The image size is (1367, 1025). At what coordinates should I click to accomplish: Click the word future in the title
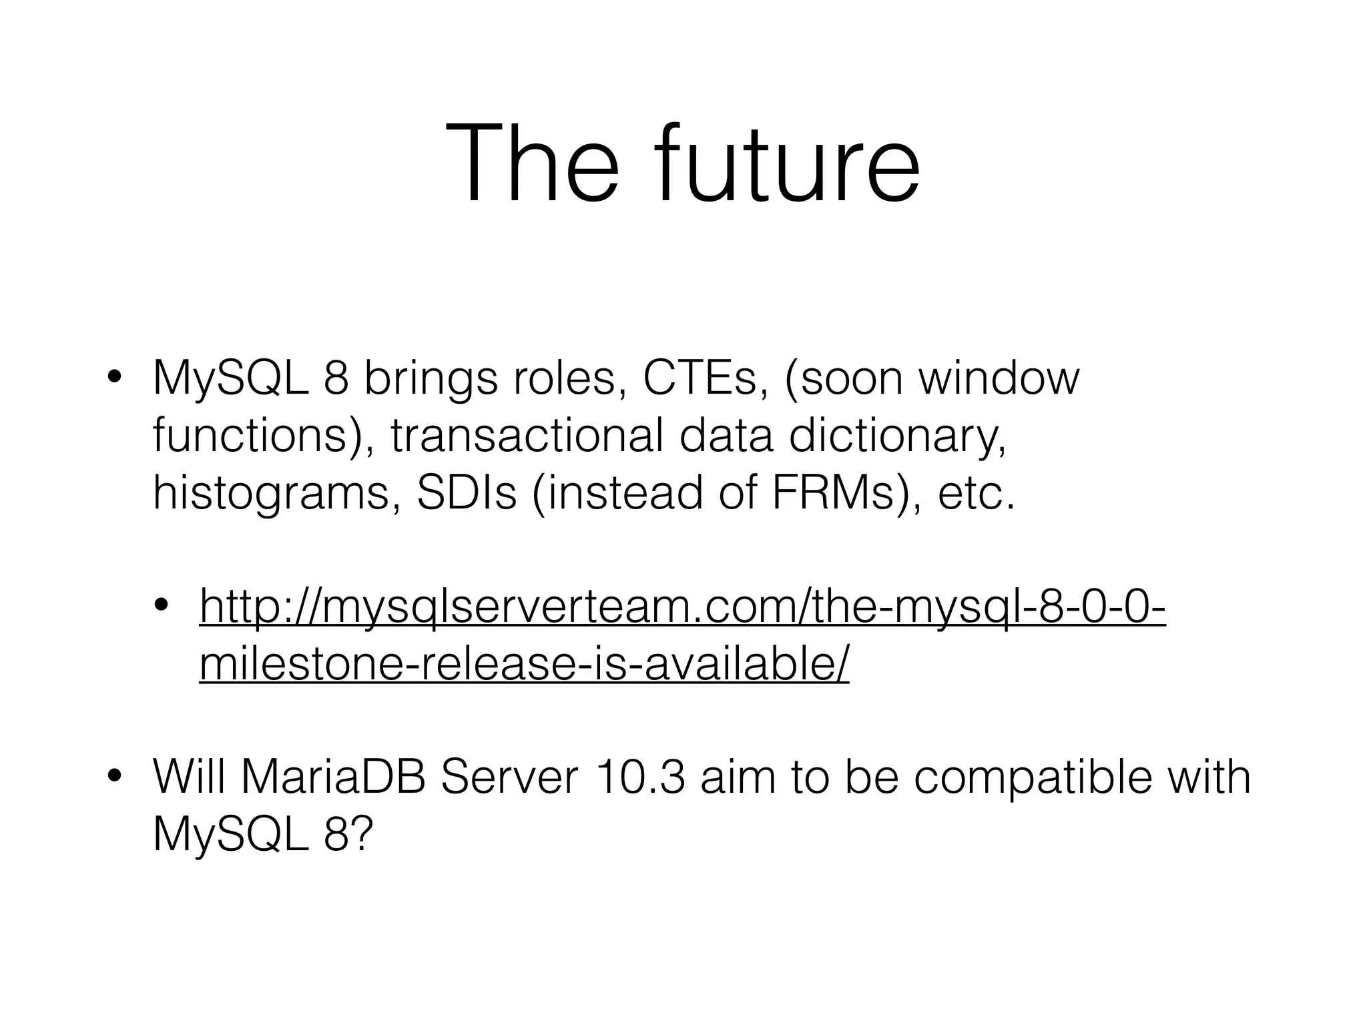coord(788,163)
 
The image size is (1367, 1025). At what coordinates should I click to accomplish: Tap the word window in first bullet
coord(999,378)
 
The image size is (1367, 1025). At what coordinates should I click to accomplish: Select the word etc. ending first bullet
coord(976,493)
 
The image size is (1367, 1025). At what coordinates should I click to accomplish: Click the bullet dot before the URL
coord(162,607)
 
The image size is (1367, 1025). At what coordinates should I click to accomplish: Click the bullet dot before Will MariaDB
coord(115,777)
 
